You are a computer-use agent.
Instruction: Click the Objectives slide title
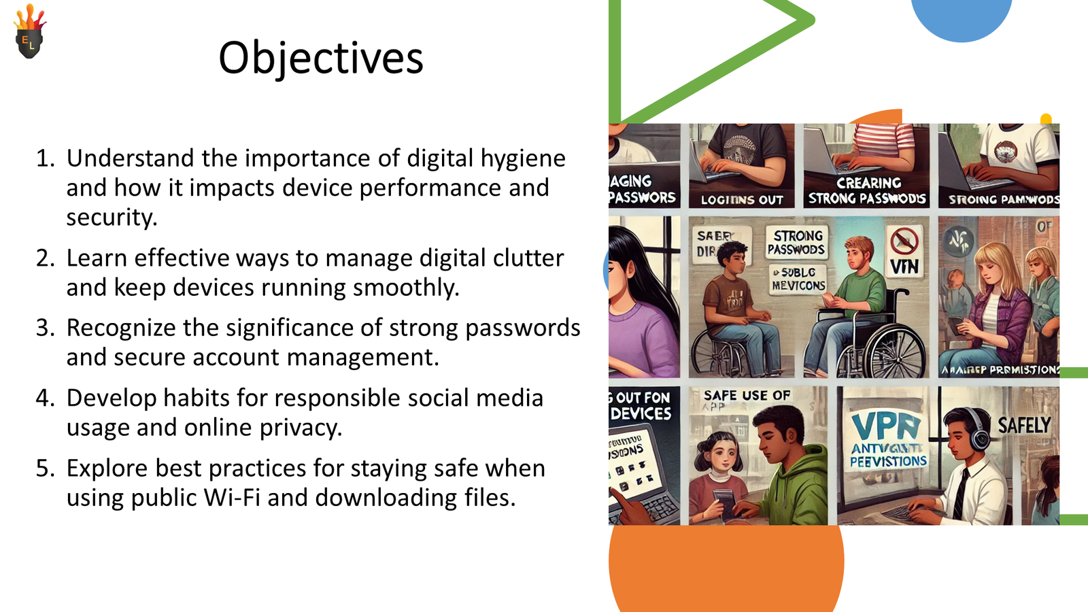(321, 58)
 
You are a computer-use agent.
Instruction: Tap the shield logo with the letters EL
(29, 35)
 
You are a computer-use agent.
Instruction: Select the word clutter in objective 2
(528, 258)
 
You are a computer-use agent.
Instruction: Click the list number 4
(44, 398)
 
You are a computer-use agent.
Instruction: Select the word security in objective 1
(111, 218)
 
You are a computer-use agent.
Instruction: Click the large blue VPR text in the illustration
(886, 426)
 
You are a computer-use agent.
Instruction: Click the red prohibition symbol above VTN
(904, 241)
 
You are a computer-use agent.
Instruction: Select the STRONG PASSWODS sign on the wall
(796, 242)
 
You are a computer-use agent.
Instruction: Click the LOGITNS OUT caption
(742, 200)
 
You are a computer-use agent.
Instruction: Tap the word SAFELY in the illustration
(1024, 426)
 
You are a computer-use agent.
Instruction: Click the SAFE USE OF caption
(747, 396)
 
